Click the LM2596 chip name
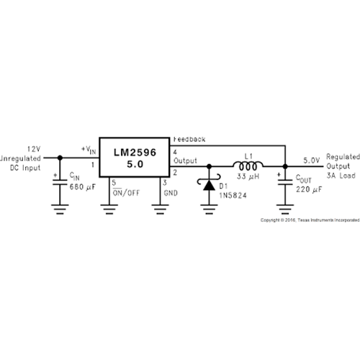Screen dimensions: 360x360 [135, 153]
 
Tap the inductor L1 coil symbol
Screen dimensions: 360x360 [248, 166]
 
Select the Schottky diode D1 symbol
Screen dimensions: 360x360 [209, 183]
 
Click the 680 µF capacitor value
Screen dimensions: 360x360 [82, 187]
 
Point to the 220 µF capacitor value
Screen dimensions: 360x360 [309, 189]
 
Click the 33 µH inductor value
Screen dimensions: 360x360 [248, 176]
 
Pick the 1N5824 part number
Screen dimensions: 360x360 [233, 195]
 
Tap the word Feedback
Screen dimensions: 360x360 [189, 139]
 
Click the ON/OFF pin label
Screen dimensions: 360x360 [126, 193]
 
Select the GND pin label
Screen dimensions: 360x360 [171, 193]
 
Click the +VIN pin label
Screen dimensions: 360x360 [89, 150]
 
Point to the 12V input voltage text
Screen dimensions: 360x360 [34, 149]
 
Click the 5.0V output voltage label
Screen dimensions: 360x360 [312, 161]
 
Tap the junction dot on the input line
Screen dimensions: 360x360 [60, 158]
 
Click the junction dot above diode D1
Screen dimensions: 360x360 [209, 166]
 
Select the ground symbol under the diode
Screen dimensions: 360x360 [209, 209]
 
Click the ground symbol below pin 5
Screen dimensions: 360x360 [109, 209]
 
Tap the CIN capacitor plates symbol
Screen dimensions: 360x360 [60, 182]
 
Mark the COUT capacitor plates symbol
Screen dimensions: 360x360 [285, 182]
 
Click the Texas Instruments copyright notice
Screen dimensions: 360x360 [310, 220]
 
